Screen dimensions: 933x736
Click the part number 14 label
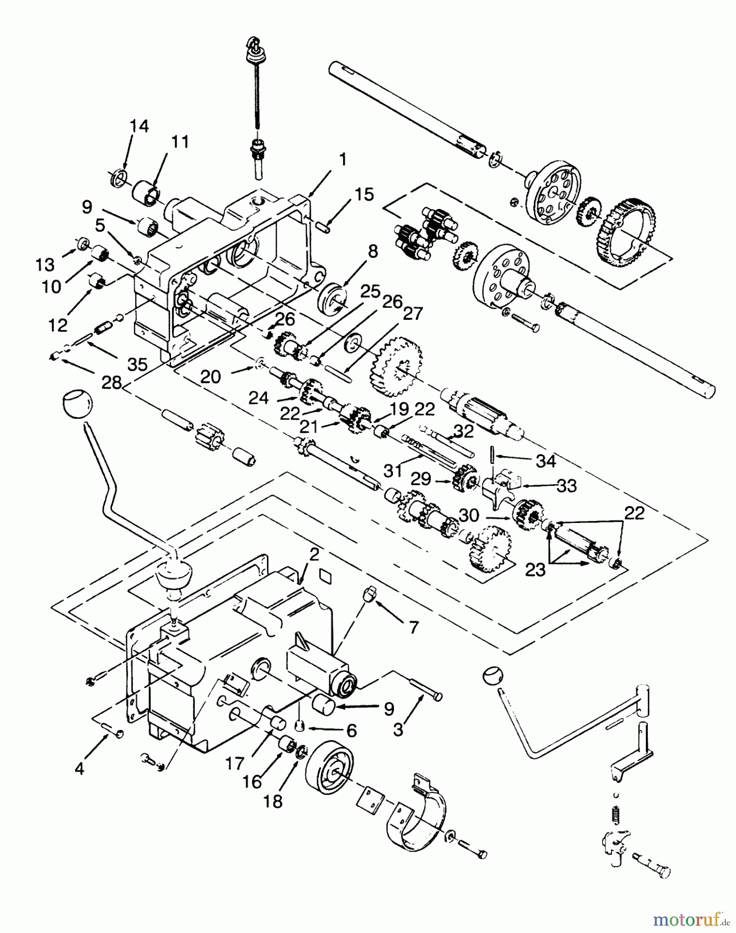(x=139, y=126)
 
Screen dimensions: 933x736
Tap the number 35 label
(x=137, y=364)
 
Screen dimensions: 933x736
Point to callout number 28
(x=112, y=384)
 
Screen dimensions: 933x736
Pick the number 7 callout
(x=413, y=628)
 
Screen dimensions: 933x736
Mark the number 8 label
(x=373, y=252)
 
